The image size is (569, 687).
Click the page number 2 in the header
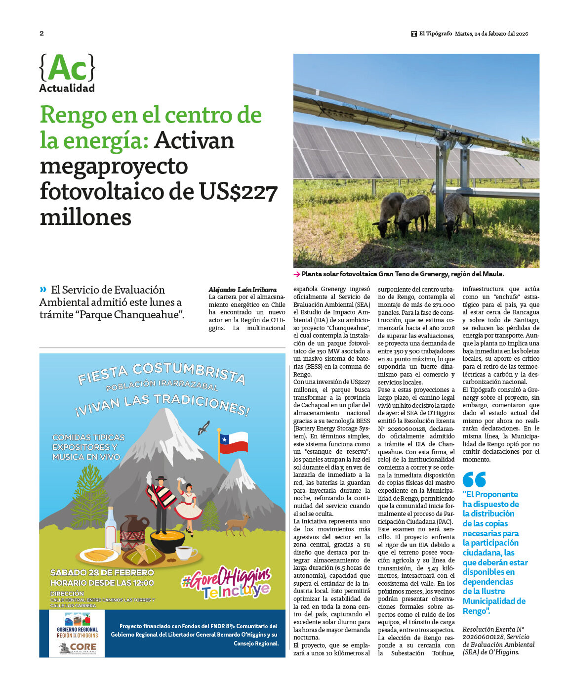point(41,33)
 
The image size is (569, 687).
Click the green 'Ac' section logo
point(67,68)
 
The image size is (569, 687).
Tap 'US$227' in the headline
point(239,191)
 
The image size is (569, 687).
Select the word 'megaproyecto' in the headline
point(114,166)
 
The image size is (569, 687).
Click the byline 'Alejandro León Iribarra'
point(243,290)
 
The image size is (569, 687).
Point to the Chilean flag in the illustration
point(233,441)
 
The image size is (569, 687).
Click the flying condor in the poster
point(203,428)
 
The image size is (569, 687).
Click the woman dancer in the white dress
point(188,501)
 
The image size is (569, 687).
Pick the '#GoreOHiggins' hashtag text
point(226,578)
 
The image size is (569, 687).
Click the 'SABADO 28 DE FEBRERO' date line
point(102,572)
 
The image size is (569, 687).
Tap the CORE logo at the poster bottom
point(78,647)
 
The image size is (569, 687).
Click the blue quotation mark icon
point(474,479)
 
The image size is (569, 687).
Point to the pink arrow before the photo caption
point(296,274)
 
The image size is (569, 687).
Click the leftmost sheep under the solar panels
point(390,213)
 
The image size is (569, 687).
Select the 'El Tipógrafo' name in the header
point(435,34)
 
